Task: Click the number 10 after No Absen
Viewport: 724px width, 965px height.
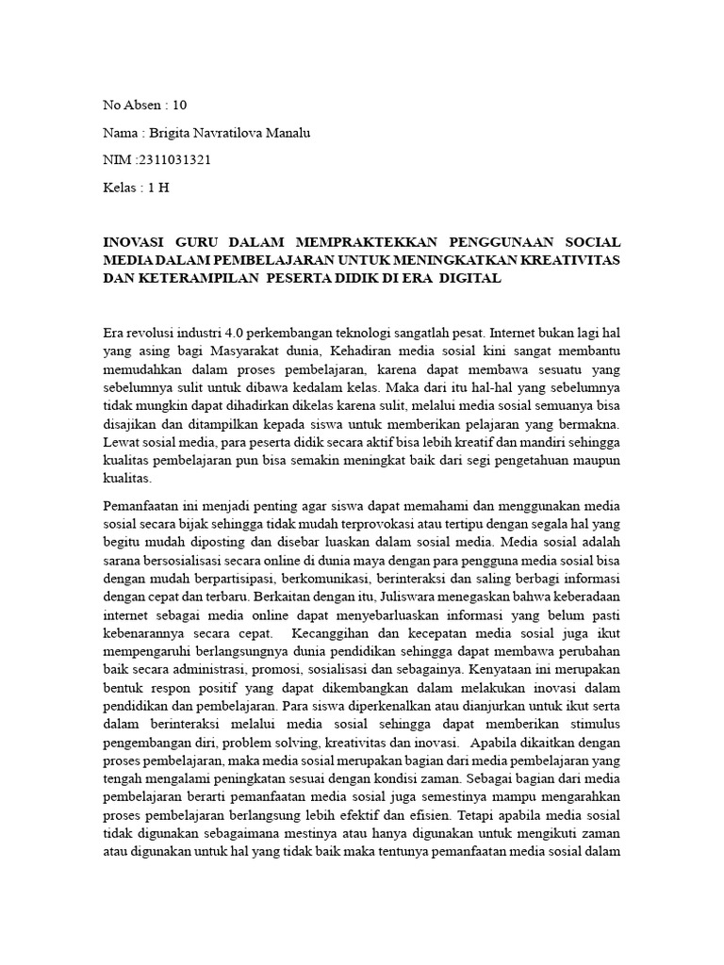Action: pyautogui.click(x=180, y=105)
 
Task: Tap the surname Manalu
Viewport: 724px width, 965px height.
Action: pyautogui.click(x=287, y=132)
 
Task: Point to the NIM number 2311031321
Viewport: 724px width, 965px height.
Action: pyautogui.click(x=174, y=159)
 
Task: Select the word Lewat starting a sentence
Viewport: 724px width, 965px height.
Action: pyautogui.click(x=120, y=441)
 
